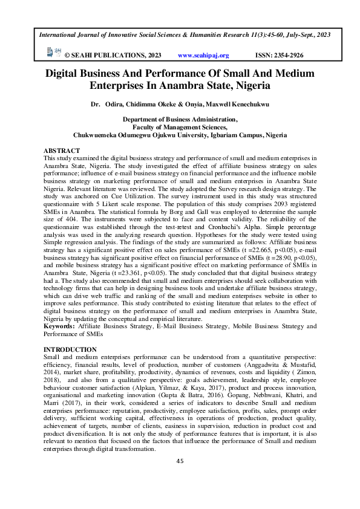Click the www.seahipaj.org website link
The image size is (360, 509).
203,56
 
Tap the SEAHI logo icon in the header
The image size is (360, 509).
52,54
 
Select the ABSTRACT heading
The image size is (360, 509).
62,150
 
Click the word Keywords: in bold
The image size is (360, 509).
59,326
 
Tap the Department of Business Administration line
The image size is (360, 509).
180,120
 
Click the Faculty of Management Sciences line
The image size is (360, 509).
180,128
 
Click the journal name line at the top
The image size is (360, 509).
185,35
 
